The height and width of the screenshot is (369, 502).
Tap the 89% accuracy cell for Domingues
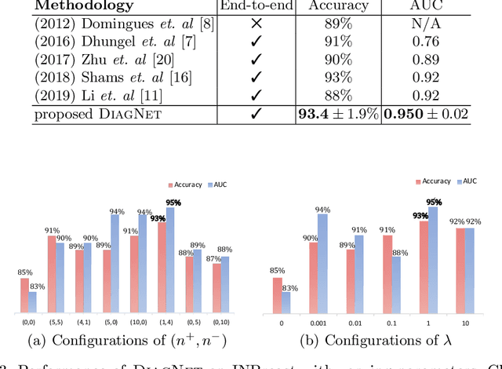coord(336,25)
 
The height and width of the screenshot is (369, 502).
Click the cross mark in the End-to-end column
coord(256,25)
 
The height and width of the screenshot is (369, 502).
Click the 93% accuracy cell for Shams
coord(336,79)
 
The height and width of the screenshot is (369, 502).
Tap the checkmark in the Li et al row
coord(256,96)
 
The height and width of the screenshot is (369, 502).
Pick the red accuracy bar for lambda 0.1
coord(387,279)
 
